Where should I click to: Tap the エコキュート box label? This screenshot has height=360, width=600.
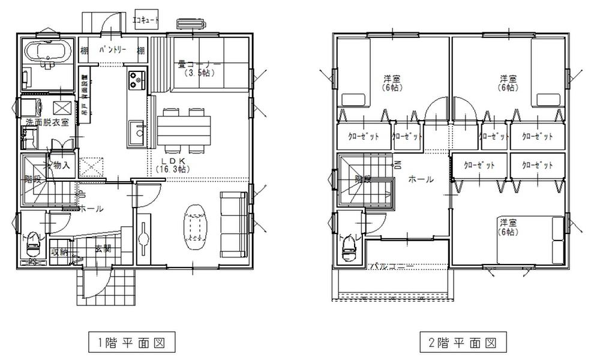[x=146, y=20]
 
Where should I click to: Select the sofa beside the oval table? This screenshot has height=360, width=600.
[x=234, y=223]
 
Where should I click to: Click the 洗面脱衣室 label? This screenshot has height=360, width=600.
[x=47, y=122]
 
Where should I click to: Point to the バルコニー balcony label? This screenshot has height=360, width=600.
[x=391, y=265]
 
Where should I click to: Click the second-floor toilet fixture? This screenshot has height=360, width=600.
[x=348, y=251]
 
